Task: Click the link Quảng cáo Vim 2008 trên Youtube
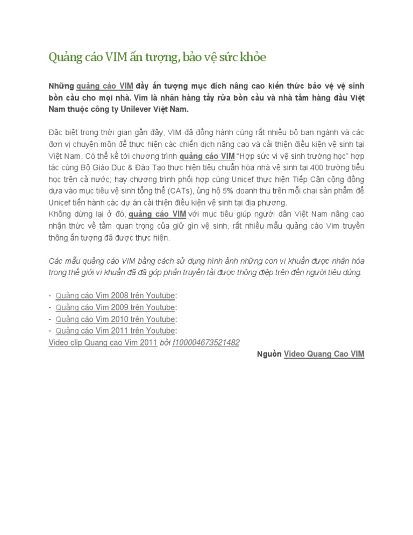point(116,295)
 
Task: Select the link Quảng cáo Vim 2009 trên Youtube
point(116,307)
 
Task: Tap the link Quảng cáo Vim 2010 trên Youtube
point(116,319)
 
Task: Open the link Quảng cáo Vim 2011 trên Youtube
point(116,330)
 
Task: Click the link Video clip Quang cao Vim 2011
point(103,342)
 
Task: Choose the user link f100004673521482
point(205,342)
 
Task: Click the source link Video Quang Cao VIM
point(324,354)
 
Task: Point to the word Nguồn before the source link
point(268,354)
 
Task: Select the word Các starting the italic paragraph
point(55,261)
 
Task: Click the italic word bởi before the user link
point(165,342)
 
